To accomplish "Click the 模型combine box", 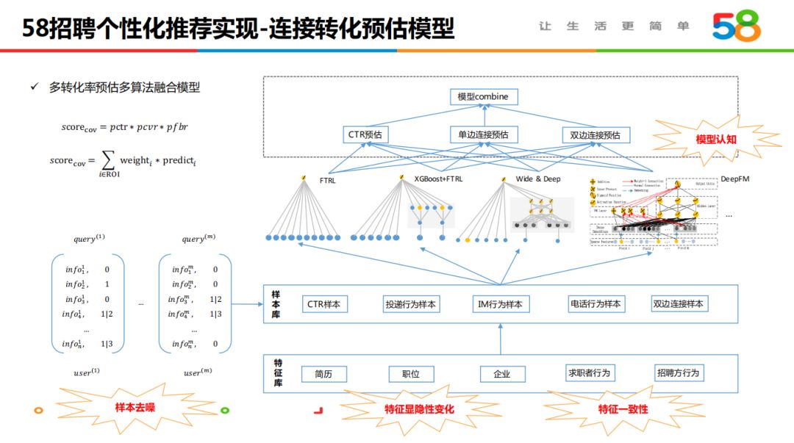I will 482,97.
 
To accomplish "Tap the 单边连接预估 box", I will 483,135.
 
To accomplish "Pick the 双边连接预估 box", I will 595,135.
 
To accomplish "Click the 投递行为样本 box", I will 411,304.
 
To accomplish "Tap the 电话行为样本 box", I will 595,304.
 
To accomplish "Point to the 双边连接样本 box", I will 679,304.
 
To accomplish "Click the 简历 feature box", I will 323,374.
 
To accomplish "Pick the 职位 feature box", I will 411,374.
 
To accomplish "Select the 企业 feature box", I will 502,374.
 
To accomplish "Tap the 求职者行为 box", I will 589,373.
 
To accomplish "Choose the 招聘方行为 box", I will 678,373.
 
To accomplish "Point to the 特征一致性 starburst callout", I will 623,408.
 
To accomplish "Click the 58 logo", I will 737,27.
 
